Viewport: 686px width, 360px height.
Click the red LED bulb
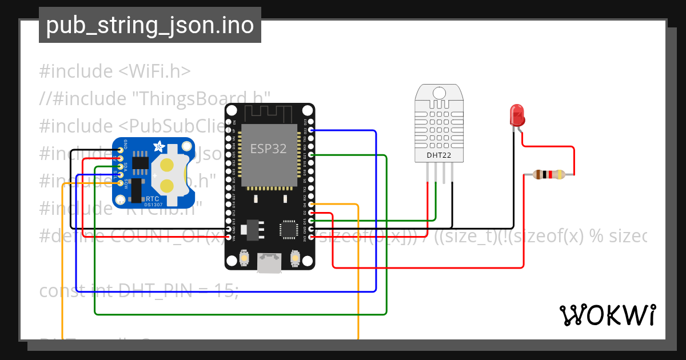[x=517, y=115]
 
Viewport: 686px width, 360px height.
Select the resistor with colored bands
[x=548, y=175]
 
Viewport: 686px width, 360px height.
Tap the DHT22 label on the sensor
[x=439, y=155]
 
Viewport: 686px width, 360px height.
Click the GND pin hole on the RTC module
[x=120, y=150]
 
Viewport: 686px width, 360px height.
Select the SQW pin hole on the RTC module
[x=120, y=183]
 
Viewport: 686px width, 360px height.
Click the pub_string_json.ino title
[x=150, y=25]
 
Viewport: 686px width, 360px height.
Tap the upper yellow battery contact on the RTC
[x=167, y=165]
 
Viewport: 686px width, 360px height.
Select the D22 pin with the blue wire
[x=311, y=130]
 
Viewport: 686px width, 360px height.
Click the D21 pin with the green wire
[x=311, y=155]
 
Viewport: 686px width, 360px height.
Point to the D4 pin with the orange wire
[x=311, y=204]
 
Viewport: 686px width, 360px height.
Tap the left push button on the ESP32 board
[x=244, y=258]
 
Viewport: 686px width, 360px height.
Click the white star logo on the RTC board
[x=157, y=147]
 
